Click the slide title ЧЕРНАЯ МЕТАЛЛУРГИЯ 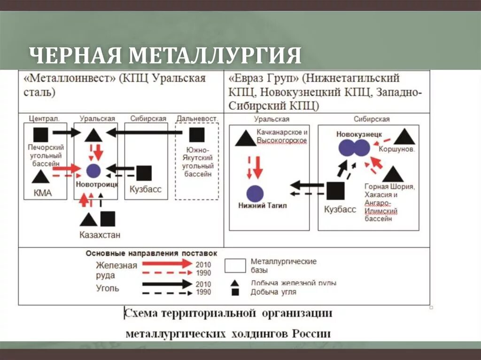tap(165, 55)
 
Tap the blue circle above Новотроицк tap(94, 171)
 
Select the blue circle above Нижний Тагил tap(255, 193)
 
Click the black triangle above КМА tap(40, 177)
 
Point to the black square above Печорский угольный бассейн tap(41, 134)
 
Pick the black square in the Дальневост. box tap(197, 135)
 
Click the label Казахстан tap(100, 235)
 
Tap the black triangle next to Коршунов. tap(404, 137)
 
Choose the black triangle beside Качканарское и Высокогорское tap(245, 138)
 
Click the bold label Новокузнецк tap(359, 134)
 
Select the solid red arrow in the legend tap(167, 264)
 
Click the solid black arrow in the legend tap(167, 283)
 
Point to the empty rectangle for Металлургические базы tap(235, 266)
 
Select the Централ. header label tap(44, 118)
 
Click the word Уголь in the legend tap(108, 288)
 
